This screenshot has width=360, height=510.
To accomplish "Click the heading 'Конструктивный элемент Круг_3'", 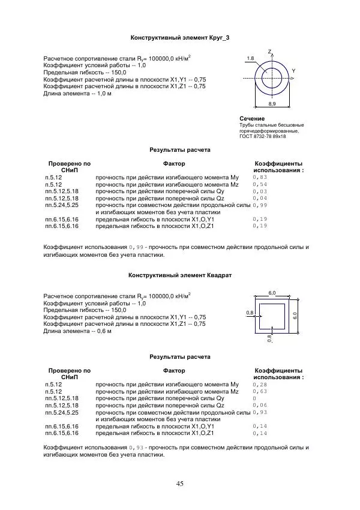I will tap(180, 37).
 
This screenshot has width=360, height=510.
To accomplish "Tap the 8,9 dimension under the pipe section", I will tap(272, 104).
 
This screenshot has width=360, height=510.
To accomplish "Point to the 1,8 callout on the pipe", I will tap(250, 58).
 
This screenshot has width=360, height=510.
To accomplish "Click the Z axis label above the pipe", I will tap(269, 51).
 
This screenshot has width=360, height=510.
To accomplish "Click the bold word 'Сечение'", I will tap(251, 119).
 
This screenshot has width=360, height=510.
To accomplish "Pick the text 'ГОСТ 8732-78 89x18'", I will tap(262, 137).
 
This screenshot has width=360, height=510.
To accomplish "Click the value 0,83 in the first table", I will tap(260, 178).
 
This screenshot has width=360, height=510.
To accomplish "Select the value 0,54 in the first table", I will tap(260, 185).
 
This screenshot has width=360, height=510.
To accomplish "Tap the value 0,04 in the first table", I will tap(260, 198).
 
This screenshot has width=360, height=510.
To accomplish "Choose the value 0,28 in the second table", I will tap(260, 385).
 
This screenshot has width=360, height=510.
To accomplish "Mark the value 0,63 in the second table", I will tap(260, 391).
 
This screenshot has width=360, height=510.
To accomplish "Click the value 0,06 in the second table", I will tap(260, 406).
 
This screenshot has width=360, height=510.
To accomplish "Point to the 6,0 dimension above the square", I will tap(272, 292).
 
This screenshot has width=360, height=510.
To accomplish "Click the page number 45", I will tap(180, 484).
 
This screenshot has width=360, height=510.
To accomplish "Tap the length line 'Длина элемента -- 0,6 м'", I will tap(77, 331).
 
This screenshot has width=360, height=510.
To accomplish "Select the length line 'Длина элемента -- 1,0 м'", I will tap(77, 94).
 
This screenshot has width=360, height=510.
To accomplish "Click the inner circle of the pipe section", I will tap(272, 77).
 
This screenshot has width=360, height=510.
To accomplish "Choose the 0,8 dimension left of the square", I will tap(250, 313).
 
